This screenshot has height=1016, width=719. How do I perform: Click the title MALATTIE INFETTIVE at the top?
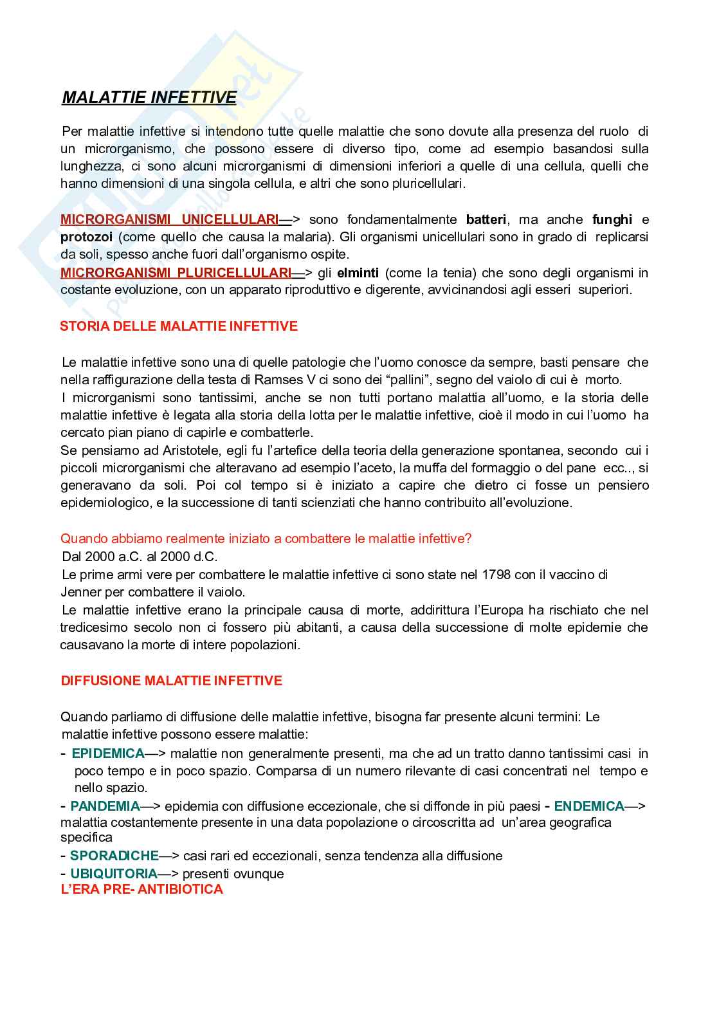[149, 97]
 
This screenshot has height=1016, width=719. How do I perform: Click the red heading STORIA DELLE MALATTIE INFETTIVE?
[179, 326]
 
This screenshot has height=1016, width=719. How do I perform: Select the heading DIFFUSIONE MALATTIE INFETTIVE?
[171, 681]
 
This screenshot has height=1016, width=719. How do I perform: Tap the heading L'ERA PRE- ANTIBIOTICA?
[141, 889]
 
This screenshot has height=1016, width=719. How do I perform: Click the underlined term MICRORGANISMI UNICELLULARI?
[170, 219]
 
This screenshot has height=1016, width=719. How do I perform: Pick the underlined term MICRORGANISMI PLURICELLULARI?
[176, 273]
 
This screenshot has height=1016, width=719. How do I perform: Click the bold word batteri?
[486, 219]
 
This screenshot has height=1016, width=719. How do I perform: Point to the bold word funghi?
[612, 219]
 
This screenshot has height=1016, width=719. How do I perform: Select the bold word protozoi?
[86, 237]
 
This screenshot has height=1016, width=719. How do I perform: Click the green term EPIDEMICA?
[108, 753]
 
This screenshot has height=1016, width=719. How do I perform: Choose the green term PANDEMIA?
[105, 806]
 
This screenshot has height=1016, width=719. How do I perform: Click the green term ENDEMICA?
[589, 806]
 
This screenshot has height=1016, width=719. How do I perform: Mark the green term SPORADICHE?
[114, 856]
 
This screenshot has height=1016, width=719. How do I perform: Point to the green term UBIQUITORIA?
[114, 873]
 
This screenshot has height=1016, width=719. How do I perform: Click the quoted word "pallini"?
[405, 380]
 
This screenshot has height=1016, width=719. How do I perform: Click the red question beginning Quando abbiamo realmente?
[266, 539]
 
